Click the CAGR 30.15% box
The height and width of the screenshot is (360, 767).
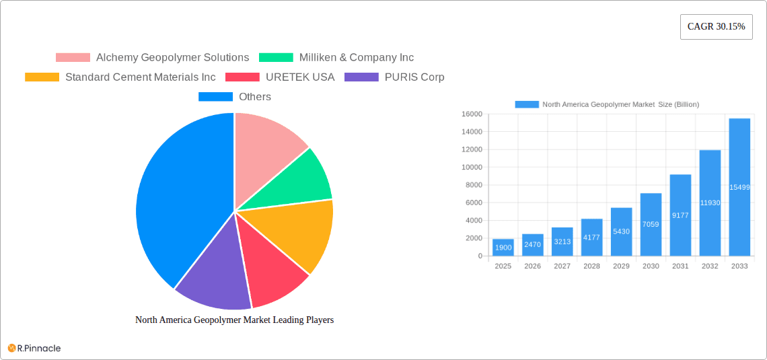716,27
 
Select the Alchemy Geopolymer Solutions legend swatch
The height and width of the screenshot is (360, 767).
73,58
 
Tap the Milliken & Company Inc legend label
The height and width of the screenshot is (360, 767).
356,58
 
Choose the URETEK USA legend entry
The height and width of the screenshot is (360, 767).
299,77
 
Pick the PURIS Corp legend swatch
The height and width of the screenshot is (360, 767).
361,77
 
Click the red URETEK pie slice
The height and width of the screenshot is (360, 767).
269,273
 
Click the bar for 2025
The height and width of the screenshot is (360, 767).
503,248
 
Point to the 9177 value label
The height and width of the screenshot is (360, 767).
680,215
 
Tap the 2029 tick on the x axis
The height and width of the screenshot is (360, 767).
621,266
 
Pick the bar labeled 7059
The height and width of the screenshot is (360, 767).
651,224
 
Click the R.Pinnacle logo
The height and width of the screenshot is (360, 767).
34,348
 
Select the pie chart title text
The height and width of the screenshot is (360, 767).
234,320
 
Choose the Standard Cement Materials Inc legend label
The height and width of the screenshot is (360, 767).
140,77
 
